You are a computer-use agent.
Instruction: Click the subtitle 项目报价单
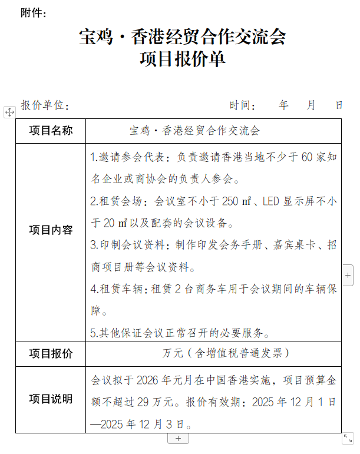[182, 60]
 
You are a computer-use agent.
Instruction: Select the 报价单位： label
[45, 105]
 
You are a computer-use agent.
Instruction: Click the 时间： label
[243, 105]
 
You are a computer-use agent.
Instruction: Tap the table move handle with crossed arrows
[9, 112]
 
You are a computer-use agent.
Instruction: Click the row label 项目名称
[51, 131]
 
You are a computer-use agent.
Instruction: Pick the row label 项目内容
[51, 230]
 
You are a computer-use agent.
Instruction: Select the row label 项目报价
[51, 353]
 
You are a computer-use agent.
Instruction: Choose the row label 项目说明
[51, 399]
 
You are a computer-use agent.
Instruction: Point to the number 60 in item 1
[306, 157]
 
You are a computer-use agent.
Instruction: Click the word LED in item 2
[272, 201]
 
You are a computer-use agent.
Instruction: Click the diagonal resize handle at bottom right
[348, 438]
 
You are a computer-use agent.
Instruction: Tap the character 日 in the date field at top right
[339, 105]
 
